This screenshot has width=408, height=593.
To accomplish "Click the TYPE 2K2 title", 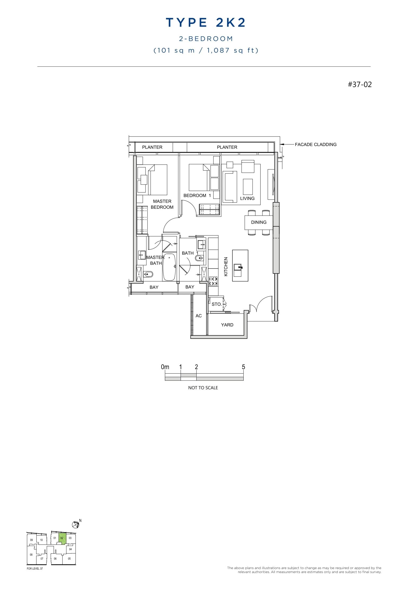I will pyautogui.click(x=206, y=23).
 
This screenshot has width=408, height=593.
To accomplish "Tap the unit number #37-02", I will pyautogui.click(x=360, y=84).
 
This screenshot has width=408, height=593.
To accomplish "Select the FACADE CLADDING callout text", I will pyautogui.click(x=316, y=144).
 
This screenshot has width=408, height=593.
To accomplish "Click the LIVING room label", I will pyautogui.click(x=247, y=198).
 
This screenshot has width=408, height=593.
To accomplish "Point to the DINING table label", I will pyautogui.click(x=259, y=222).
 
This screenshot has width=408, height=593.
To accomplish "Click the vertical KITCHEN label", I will pyautogui.click(x=226, y=266).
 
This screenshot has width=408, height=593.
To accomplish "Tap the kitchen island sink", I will pyautogui.click(x=238, y=267).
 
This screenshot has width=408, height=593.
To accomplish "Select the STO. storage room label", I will pyautogui.click(x=216, y=304).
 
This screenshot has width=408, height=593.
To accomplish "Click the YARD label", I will pyautogui.click(x=227, y=325).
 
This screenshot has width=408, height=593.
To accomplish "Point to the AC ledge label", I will pyautogui.click(x=199, y=316).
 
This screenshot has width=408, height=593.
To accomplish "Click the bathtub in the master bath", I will pyautogui.click(x=169, y=267).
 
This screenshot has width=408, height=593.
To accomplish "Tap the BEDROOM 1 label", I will pyautogui.click(x=197, y=195).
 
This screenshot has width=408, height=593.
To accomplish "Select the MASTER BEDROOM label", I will pyautogui.click(x=162, y=204).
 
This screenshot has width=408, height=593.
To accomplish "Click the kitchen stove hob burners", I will pyautogui.click(x=213, y=281).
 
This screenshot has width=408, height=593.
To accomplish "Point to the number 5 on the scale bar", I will pyautogui.click(x=243, y=367).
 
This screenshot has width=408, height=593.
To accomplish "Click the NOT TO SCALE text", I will pyautogui.click(x=203, y=388).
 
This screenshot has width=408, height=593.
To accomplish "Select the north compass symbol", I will pyautogui.click(x=76, y=524).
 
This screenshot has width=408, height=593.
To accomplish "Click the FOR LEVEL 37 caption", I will pyautogui.click(x=35, y=569).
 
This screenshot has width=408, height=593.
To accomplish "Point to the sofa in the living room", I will pyautogui.click(x=230, y=187).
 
